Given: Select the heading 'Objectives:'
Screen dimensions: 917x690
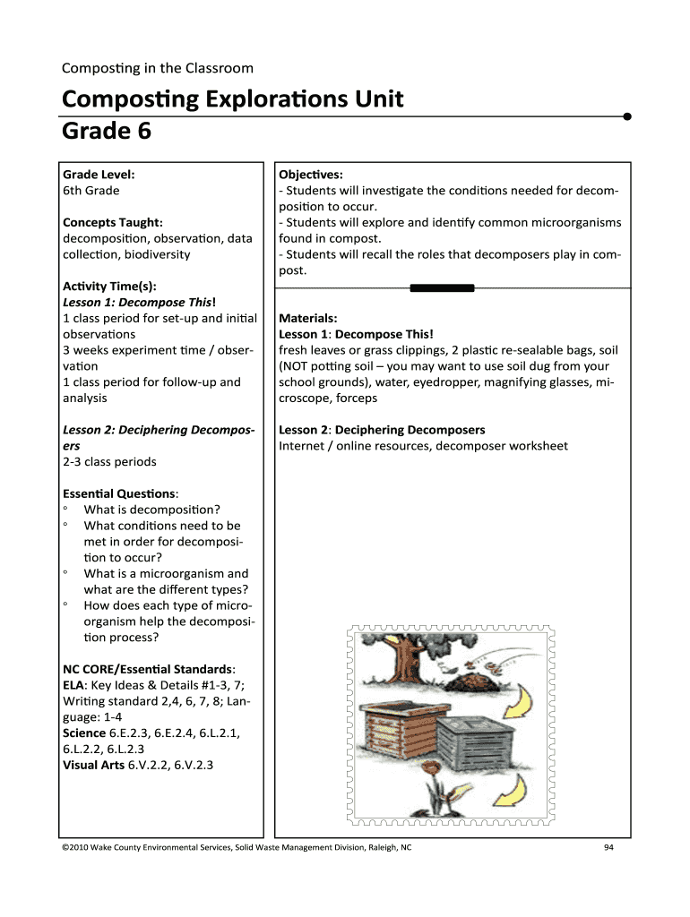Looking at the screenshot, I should tap(311, 175).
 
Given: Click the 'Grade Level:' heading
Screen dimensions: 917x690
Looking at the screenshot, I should tap(99, 175).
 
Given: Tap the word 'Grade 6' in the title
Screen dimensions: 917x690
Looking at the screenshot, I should tap(106, 131).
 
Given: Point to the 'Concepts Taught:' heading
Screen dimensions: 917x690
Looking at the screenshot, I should tap(112, 222).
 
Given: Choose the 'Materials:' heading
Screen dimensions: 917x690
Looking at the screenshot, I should tap(308, 318).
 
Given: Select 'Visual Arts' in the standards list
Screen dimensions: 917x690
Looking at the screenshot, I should tap(93, 765).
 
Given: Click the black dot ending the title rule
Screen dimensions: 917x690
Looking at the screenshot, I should tap(627, 116).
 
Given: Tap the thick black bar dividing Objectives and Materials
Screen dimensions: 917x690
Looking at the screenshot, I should tap(442, 287).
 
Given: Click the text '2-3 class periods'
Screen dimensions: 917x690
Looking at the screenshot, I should tap(109, 462).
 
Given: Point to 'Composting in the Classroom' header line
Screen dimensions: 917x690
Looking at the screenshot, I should tap(157, 68).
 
